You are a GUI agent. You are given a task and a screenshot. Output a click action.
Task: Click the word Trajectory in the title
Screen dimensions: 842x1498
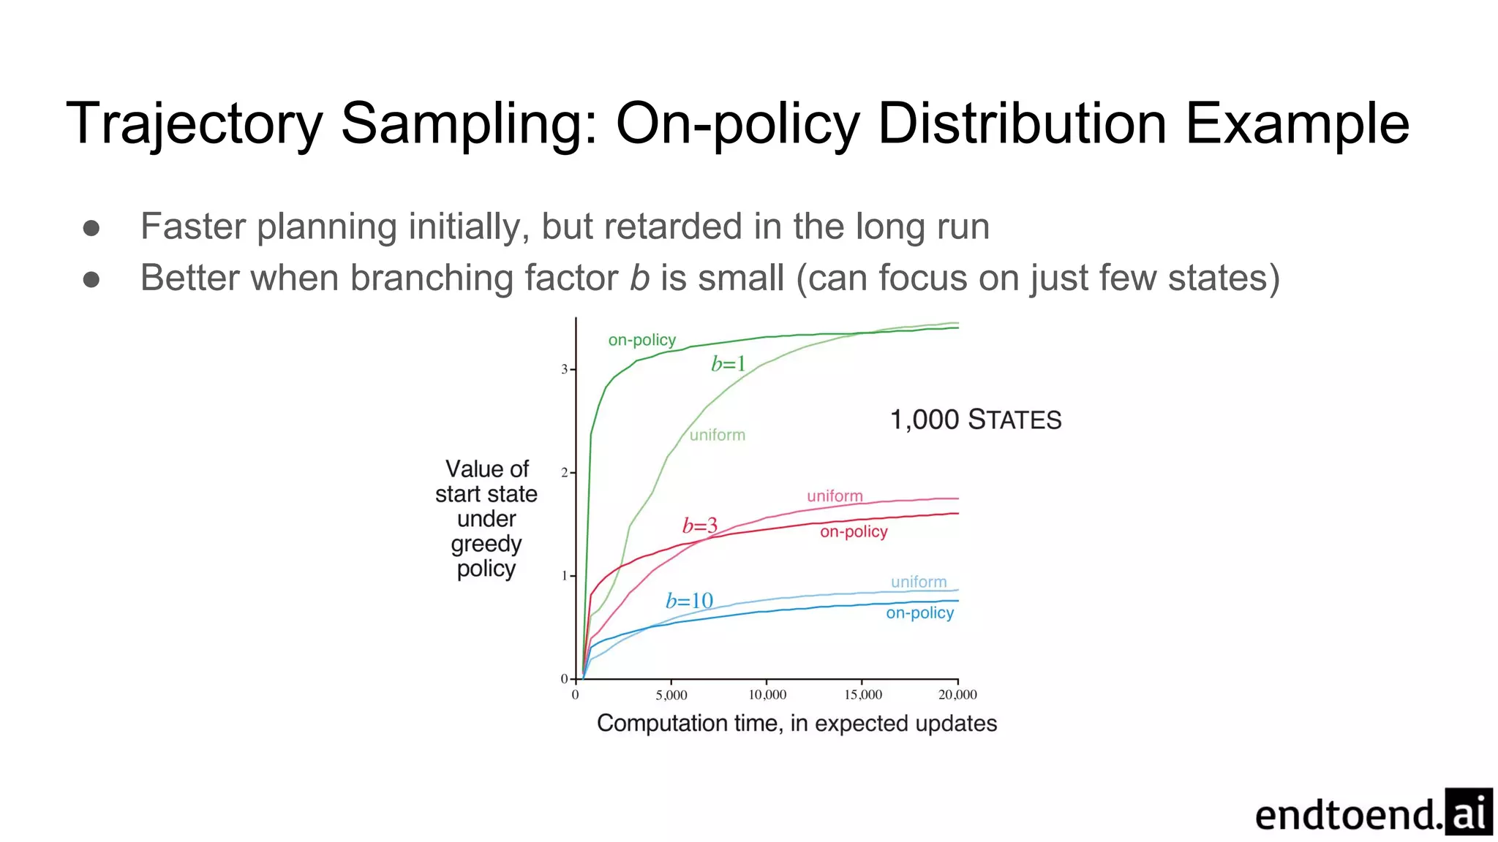(x=194, y=124)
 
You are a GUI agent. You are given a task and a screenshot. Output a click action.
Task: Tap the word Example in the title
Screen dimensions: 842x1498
(x=1297, y=124)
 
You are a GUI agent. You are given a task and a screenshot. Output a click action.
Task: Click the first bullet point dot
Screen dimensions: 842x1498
(x=91, y=228)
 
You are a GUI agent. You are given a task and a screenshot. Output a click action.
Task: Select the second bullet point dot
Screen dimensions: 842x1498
(x=91, y=279)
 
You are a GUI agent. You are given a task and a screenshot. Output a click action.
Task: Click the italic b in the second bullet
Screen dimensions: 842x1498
(x=639, y=278)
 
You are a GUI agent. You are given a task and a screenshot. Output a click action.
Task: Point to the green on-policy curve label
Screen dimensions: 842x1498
(x=641, y=340)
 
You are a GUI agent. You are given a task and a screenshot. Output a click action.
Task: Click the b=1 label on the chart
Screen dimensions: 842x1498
(x=728, y=363)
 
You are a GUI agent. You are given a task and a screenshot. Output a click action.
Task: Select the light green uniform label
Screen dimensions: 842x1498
(x=717, y=435)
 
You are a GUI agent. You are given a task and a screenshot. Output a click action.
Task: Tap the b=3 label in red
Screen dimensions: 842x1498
(x=699, y=526)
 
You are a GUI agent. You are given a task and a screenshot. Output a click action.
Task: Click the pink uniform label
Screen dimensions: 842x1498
(x=835, y=496)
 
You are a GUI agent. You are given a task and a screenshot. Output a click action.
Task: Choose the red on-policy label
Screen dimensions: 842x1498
(x=854, y=531)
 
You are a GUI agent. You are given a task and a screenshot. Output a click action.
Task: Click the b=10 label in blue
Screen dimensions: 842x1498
(x=689, y=601)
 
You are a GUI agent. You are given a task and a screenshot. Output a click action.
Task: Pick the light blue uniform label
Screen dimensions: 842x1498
(x=919, y=582)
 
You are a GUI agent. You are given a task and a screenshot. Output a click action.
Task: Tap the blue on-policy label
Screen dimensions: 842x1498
(x=919, y=612)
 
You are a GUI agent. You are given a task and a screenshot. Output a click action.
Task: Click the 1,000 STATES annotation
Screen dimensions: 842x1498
(x=975, y=420)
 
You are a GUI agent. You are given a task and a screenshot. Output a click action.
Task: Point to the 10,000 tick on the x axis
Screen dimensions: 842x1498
(x=767, y=694)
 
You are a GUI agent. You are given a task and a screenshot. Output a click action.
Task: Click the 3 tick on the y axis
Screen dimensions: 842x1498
(x=564, y=370)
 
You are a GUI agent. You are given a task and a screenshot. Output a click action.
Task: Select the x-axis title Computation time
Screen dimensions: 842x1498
(x=797, y=723)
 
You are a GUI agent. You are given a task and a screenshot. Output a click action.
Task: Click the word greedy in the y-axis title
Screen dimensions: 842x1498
(x=486, y=544)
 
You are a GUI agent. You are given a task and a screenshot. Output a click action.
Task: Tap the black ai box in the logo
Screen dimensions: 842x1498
(x=1468, y=811)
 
